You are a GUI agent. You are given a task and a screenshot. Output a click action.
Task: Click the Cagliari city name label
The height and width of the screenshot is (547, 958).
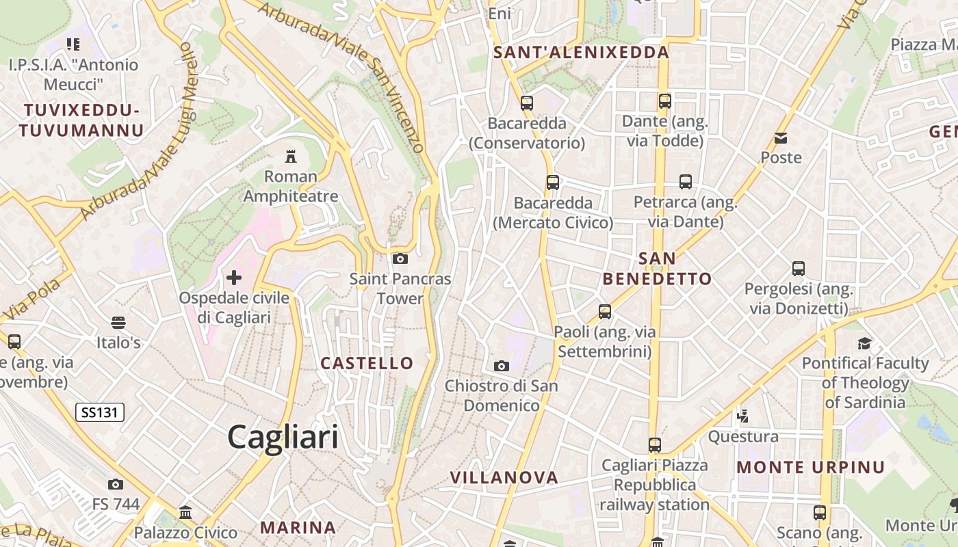283,437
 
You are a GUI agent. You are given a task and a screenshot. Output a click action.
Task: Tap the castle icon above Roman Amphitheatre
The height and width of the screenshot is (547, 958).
291,157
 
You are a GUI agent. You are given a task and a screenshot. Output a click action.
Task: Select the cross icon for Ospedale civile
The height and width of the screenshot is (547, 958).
234,278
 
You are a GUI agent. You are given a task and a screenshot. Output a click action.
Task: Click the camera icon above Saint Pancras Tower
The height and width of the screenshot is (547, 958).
400,258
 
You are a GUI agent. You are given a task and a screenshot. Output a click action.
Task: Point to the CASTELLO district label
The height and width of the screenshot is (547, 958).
367,363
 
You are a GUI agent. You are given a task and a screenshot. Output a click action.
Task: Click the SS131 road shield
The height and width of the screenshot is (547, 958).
99,412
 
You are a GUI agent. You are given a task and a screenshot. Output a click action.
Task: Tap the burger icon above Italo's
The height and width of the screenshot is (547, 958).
118,322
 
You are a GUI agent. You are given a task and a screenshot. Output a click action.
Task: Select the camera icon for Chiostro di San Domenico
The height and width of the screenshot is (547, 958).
502,366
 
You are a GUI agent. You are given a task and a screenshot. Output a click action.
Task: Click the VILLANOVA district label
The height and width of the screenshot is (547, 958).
504,477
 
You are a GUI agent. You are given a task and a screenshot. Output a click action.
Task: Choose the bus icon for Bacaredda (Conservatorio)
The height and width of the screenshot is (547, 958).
527,103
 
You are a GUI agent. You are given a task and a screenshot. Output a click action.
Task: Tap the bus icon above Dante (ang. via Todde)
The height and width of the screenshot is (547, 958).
664,101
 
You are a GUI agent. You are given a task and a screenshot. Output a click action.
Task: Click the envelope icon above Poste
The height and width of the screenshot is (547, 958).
781,138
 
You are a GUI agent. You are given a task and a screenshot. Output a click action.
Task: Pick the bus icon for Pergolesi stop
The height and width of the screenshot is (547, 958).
799,269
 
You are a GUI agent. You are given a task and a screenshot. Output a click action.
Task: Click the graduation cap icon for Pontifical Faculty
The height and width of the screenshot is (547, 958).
865,343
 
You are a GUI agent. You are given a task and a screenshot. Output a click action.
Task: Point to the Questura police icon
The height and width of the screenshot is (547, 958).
742,416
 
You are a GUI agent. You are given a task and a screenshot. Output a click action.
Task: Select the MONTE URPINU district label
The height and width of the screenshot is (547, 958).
811,468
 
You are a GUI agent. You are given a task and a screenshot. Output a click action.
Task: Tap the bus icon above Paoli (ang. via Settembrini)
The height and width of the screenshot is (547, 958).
605,312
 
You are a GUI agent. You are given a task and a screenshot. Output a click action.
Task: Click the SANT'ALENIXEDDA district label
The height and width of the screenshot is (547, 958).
581,53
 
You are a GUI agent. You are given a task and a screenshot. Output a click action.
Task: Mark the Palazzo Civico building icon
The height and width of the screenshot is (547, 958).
185,512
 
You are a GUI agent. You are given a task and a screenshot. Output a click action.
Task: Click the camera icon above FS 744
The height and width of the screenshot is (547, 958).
116,484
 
